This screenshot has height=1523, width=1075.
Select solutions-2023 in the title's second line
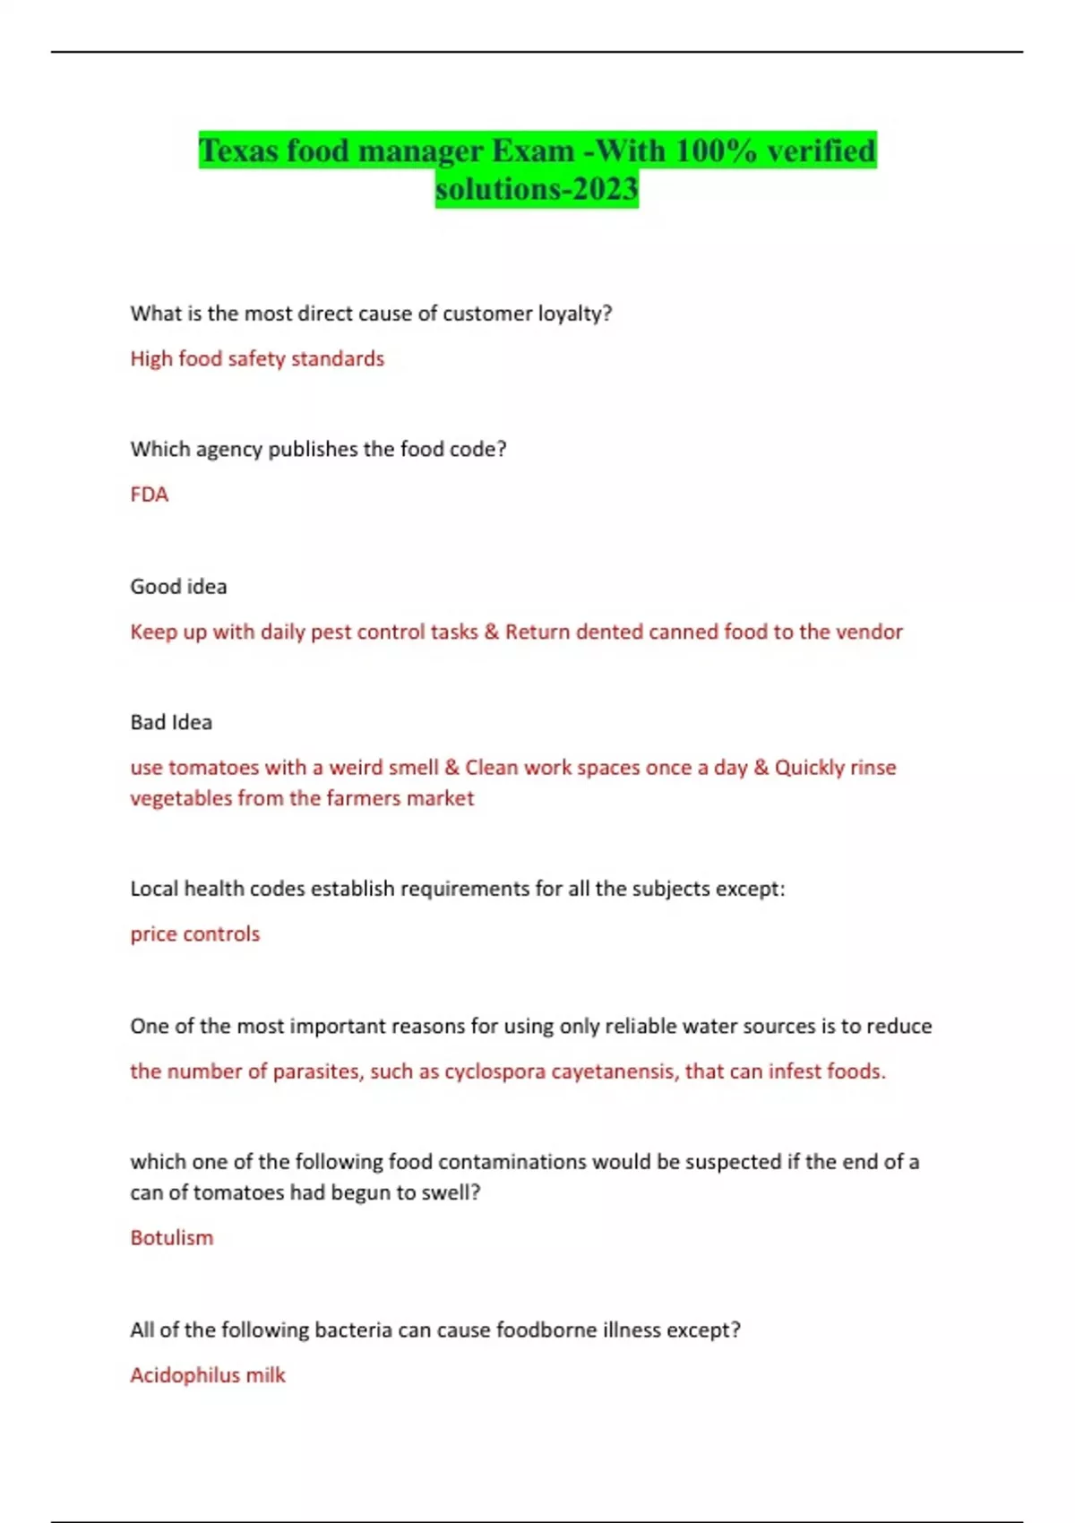pyautogui.click(x=537, y=189)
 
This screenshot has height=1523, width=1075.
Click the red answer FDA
pyautogui.click(x=149, y=495)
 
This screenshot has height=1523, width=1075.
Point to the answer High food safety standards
pyautogui.click(x=257, y=358)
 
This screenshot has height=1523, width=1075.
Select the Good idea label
pyautogui.click(x=178, y=587)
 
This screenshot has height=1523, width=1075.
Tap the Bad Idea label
pyautogui.click(x=171, y=722)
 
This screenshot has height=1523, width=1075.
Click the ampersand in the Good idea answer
pyautogui.click(x=491, y=632)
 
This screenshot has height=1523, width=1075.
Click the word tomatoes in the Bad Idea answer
pyautogui.click(x=213, y=768)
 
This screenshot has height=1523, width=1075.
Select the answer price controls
pyautogui.click(x=194, y=934)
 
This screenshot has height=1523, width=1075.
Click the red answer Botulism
pyautogui.click(x=171, y=1238)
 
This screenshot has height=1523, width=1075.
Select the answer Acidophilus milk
pyautogui.click(x=207, y=1375)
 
